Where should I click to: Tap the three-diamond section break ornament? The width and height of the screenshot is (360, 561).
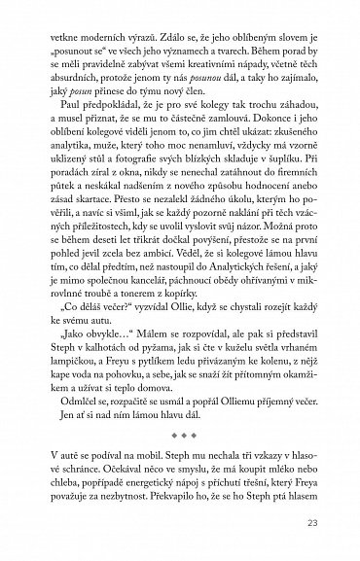coord(180,452)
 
